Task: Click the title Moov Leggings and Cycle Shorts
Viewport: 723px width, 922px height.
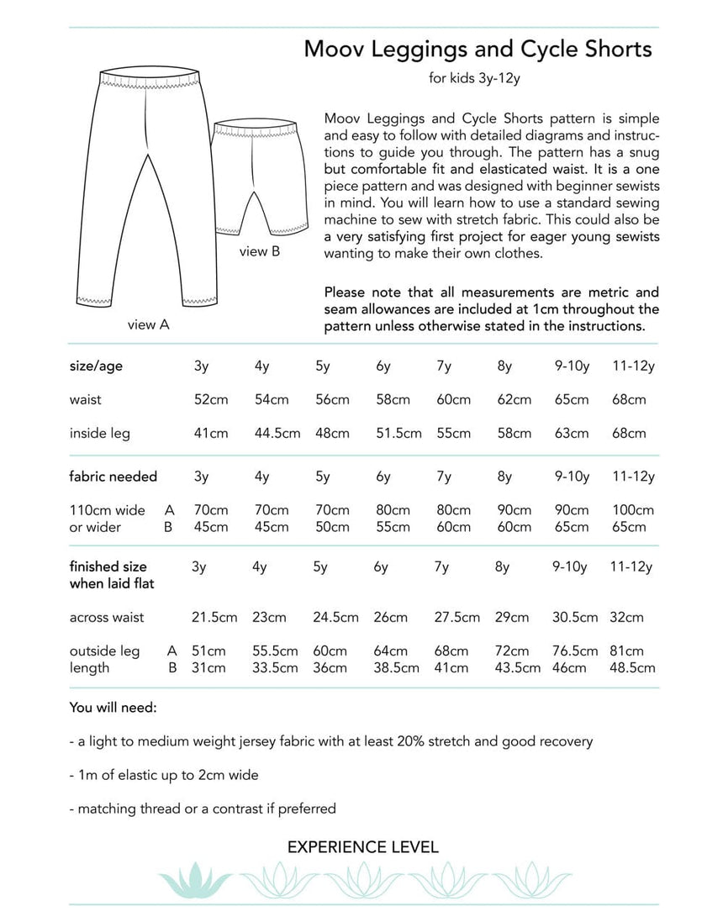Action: pos(478,50)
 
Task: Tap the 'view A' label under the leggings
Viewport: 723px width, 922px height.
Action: pos(149,324)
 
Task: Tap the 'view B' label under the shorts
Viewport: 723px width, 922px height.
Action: pos(260,251)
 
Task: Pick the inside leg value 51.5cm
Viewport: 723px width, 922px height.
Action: pos(399,434)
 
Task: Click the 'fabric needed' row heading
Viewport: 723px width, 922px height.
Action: pos(113,477)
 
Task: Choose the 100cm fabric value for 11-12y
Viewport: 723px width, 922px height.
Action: pos(634,510)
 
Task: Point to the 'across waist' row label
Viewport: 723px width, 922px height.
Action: pos(106,617)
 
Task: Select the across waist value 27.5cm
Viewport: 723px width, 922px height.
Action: pos(457,617)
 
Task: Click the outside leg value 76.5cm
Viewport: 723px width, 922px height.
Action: pos(575,651)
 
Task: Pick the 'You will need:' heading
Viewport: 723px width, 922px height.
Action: pos(113,708)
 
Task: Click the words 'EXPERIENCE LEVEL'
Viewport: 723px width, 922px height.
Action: pos(362,846)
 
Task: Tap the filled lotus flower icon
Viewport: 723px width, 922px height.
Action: pos(195,879)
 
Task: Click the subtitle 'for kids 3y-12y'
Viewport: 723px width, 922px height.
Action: pos(478,80)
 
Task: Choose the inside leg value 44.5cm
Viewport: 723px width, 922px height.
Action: pos(277,434)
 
